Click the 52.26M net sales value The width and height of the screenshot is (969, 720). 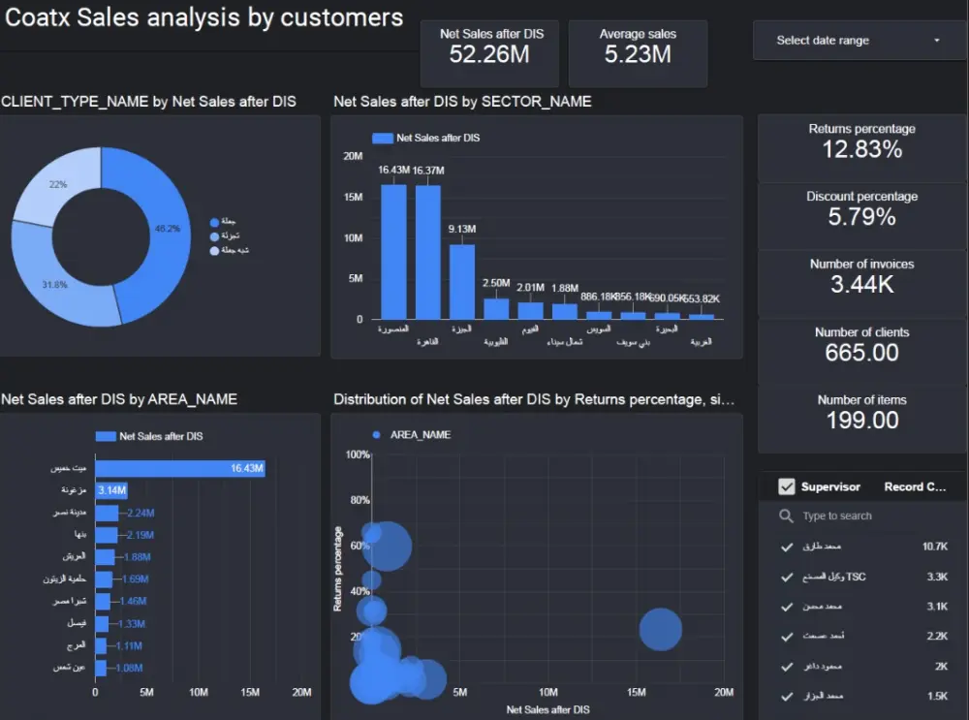point(489,54)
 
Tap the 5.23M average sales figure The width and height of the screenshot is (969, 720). point(638,54)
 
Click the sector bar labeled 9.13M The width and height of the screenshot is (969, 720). point(462,281)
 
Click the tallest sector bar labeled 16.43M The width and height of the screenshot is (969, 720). point(393,252)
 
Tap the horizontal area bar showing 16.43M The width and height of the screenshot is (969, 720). point(179,468)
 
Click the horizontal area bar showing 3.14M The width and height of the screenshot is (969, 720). point(110,490)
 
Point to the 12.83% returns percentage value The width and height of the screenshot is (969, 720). point(861,149)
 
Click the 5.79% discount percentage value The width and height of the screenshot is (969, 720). point(861,217)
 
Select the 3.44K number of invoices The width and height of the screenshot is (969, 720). point(861,285)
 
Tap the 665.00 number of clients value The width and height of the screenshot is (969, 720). point(861,353)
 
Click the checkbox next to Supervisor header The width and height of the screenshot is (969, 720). point(787,486)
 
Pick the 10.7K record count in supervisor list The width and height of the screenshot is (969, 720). point(934,547)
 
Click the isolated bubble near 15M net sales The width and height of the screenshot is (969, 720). point(661,630)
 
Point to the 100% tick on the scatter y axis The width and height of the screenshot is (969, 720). point(358,454)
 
